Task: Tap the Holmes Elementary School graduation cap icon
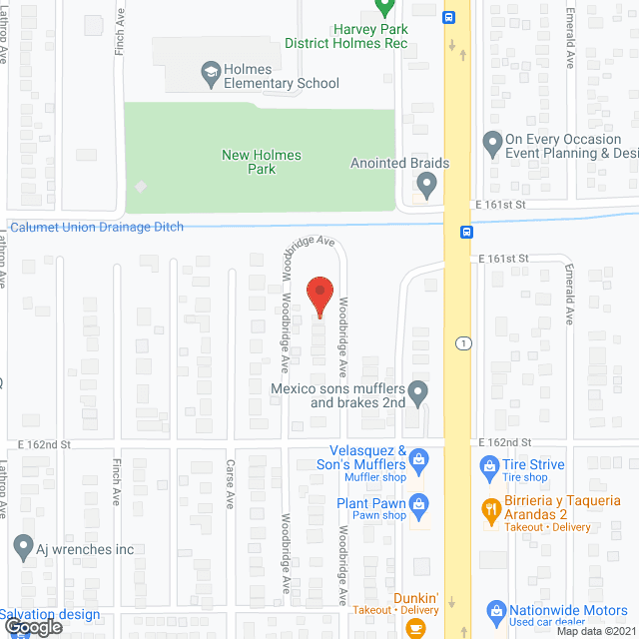(x=211, y=70)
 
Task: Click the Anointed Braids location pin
(x=427, y=186)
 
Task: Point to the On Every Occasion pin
(x=491, y=145)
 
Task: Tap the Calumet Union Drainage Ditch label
(x=97, y=228)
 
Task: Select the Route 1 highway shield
(x=462, y=342)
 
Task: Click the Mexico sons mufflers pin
(x=419, y=390)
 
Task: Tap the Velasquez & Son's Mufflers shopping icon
(x=419, y=459)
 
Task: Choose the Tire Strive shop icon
(x=489, y=465)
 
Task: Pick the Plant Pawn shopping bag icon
(x=419, y=503)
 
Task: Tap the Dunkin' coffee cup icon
(x=415, y=627)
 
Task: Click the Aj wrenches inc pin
(x=23, y=547)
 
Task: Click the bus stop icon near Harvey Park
(x=451, y=17)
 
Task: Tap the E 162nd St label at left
(x=45, y=442)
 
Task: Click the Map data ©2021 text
(x=595, y=631)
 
